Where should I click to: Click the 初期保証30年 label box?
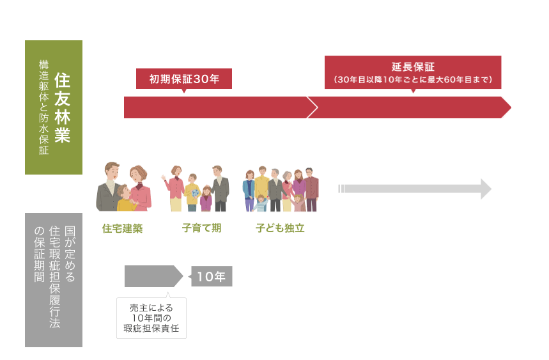(184, 79)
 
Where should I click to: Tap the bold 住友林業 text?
(62, 107)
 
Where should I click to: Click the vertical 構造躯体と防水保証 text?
(43, 107)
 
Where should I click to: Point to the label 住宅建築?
(122, 228)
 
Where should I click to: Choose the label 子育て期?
(201, 228)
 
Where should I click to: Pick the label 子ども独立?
(280, 228)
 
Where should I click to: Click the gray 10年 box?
(212, 276)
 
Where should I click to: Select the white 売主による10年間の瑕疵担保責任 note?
(151, 318)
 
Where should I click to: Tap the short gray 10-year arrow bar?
(152, 276)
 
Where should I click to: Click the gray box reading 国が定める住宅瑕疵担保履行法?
(54, 280)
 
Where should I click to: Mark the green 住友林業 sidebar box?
(54, 107)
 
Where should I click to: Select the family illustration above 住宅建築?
(123, 187)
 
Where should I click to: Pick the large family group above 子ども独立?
(281, 189)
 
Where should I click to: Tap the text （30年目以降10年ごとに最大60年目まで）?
(412, 80)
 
